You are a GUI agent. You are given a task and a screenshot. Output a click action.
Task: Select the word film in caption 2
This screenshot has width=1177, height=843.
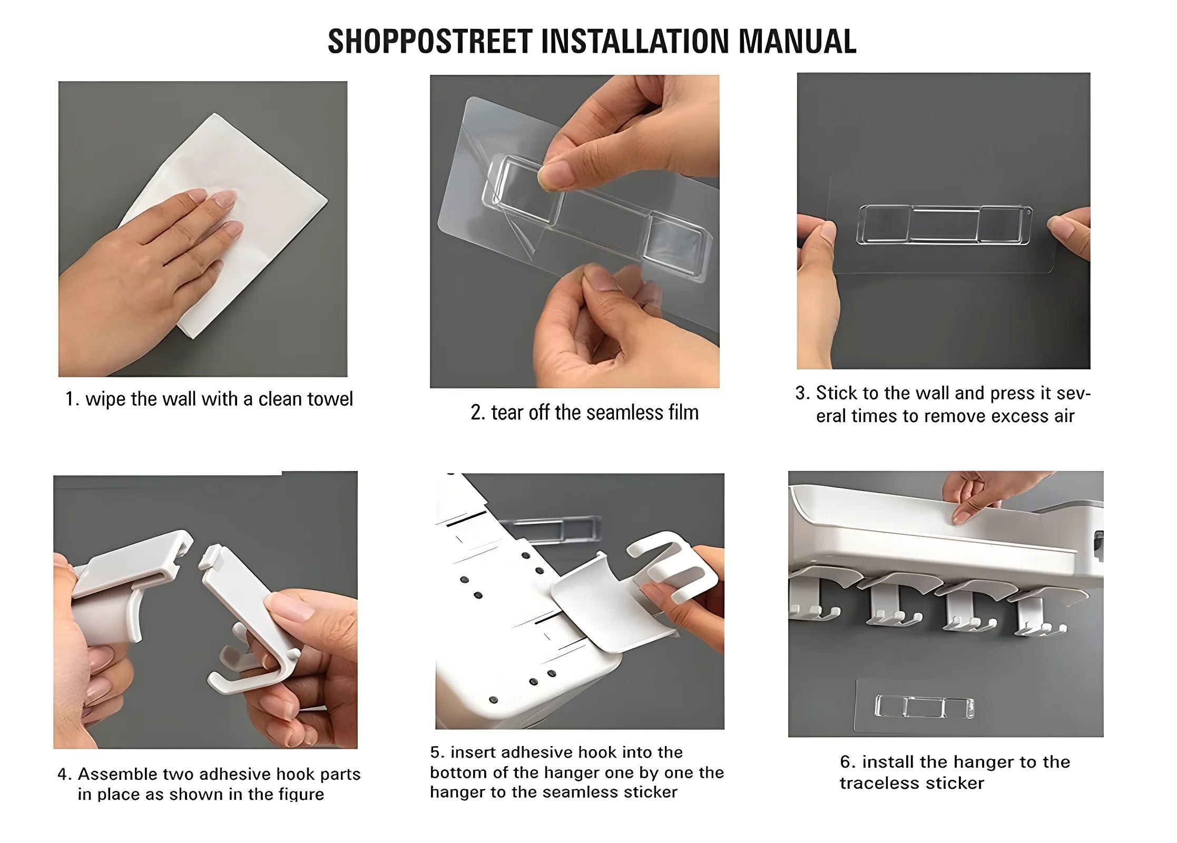pyautogui.click(x=684, y=412)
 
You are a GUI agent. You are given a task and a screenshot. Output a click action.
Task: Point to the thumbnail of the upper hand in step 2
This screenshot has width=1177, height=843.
pyautogui.click(x=551, y=176)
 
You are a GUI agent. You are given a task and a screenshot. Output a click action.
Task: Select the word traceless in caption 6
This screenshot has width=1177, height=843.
pyautogui.click(x=879, y=783)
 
